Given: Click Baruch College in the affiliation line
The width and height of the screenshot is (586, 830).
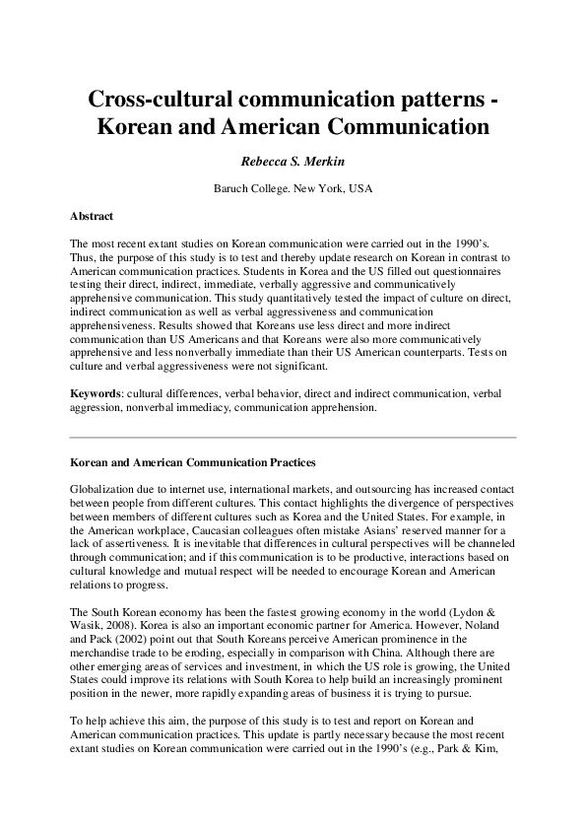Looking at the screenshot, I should pos(249,187).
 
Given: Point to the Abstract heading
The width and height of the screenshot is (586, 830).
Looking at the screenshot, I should pos(92,215).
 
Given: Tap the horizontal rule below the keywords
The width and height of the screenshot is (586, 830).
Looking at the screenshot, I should pos(293,437).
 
